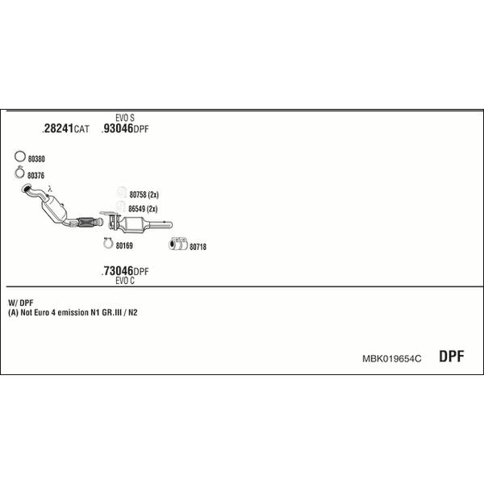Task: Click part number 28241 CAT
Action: [x=65, y=128]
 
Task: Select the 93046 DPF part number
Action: [x=125, y=128]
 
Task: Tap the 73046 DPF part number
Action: [x=125, y=271]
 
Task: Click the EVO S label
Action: [x=125, y=118]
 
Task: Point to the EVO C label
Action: [x=125, y=281]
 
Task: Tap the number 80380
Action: [x=36, y=159]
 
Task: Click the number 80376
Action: [x=36, y=176]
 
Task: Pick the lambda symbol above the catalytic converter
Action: [x=50, y=189]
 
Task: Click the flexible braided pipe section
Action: [x=86, y=222]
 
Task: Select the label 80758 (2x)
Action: [x=144, y=194]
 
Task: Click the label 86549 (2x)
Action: [x=143, y=209]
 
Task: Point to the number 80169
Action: [x=124, y=246]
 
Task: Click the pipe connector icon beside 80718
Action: [x=178, y=244]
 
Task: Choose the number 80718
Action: [x=198, y=247]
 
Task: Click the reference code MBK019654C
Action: [x=392, y=359]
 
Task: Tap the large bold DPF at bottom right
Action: [x=452, y=357]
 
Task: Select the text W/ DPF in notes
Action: [x=21, y=302]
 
